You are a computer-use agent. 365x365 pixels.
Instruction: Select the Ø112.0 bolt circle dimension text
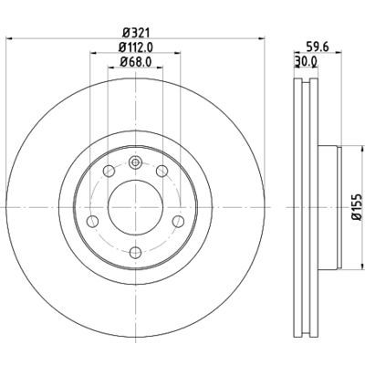tap(135, 48)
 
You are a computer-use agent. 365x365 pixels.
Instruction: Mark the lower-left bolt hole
tap(91, 221)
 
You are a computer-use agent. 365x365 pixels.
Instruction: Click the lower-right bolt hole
tap(179, 221)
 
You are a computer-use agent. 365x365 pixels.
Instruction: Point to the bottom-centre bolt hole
tap(135, 250)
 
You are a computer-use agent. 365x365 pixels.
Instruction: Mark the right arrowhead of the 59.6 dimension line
tap(338, 57)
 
